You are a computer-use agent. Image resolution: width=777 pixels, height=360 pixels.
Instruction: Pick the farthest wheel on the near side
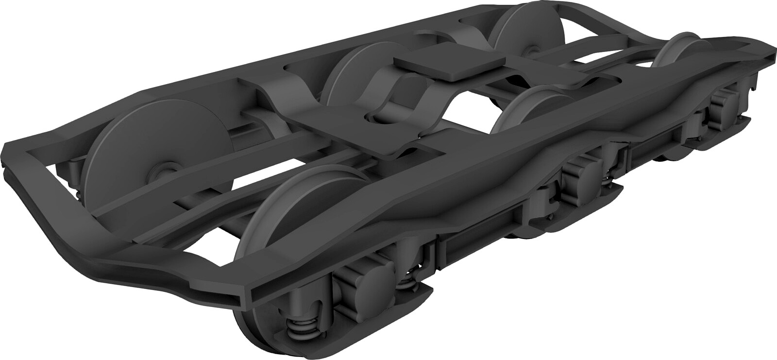coord(680,49)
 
